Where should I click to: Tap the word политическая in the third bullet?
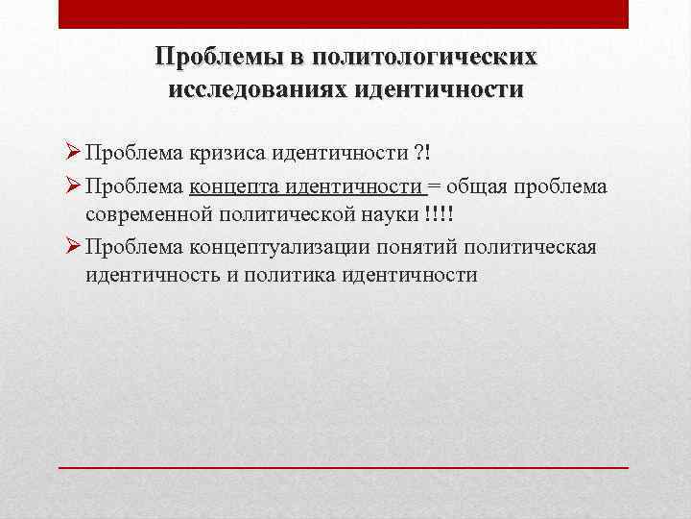tap(531, 248)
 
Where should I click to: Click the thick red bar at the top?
tap(344, 13)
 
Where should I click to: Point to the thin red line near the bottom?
tap(344, 466)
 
